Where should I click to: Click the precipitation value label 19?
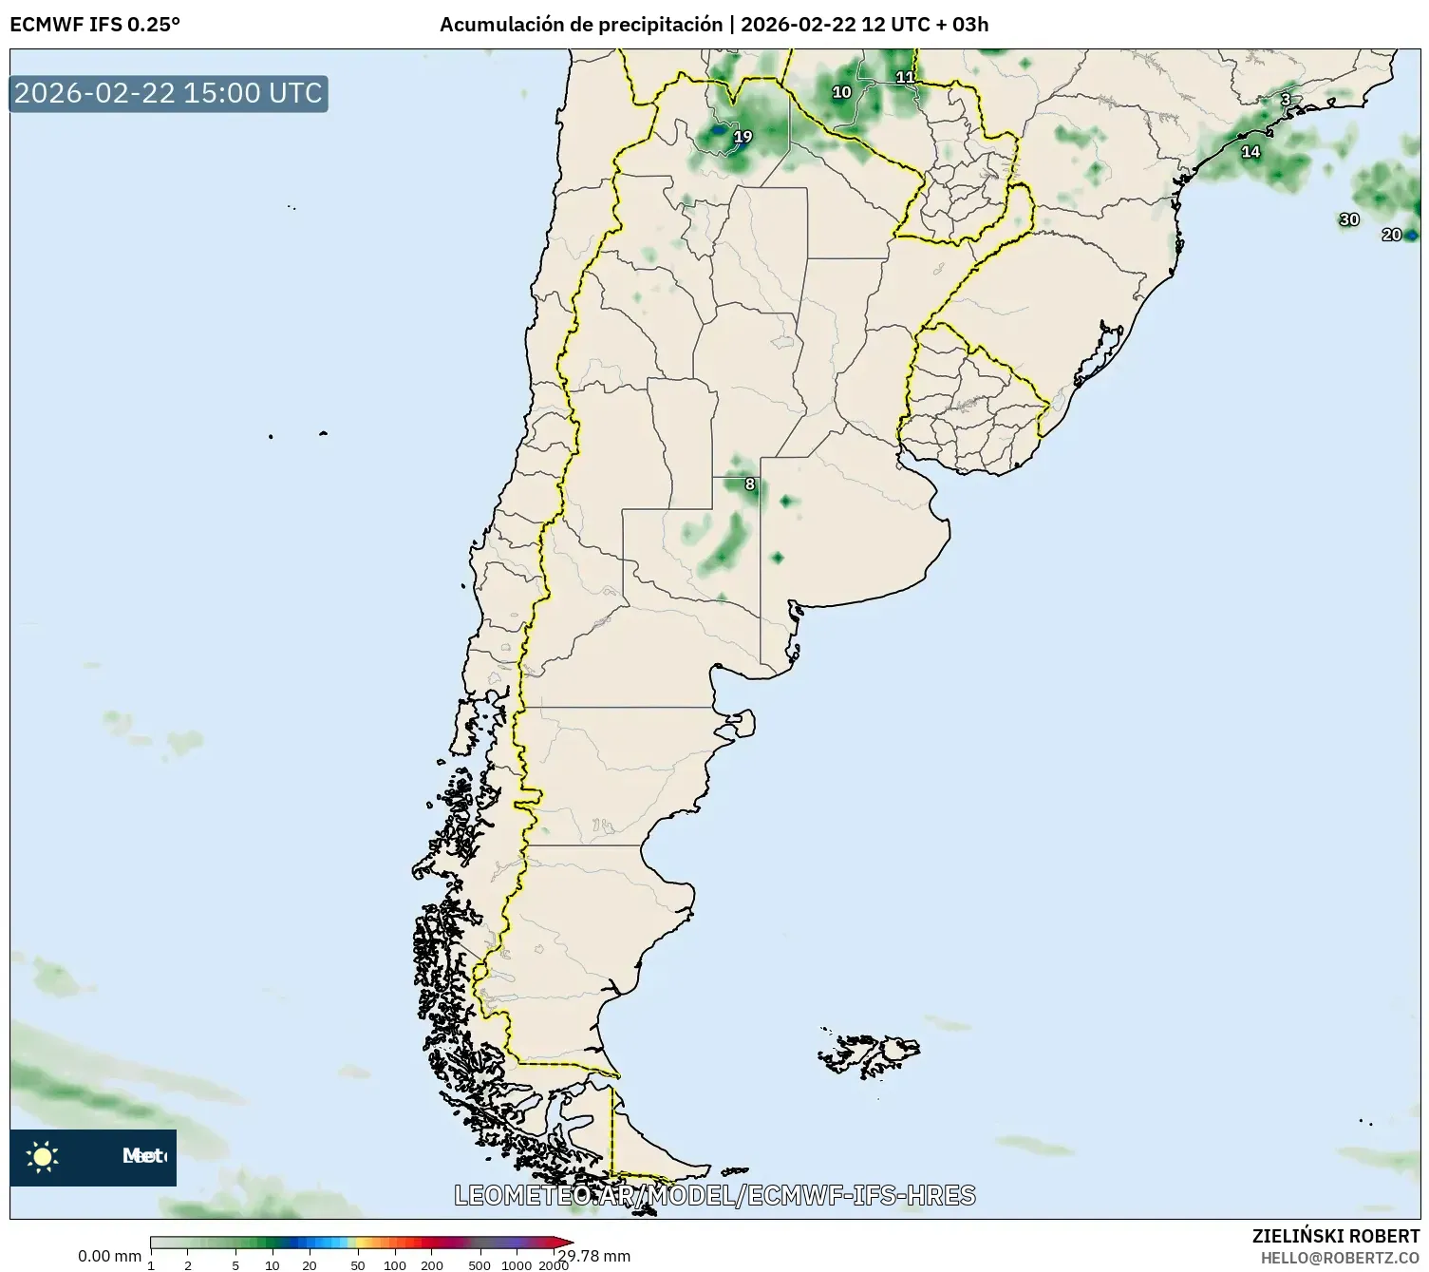point(743,137)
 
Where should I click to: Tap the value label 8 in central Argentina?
point(750,484)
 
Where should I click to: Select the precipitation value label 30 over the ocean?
point(1349,219)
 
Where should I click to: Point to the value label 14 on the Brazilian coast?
point(1251,152)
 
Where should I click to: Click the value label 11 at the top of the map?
point(905,78)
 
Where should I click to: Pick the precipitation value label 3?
point(1286,100)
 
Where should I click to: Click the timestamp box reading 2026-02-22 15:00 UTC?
point(168,93)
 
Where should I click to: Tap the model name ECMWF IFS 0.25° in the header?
point(95,25)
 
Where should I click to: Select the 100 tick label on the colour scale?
point(394,1265)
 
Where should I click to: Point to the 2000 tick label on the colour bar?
point(553,1265)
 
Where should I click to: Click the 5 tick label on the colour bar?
point(235,1265)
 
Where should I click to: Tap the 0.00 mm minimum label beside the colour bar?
point(109,1257)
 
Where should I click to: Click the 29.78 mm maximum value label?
point(595,1257)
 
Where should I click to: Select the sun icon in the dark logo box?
point(43,1156)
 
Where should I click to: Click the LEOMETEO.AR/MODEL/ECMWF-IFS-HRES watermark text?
point(714,1195)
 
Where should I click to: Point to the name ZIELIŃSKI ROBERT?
point(1335,1236)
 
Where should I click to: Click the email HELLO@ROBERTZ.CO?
point(1340,1258)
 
